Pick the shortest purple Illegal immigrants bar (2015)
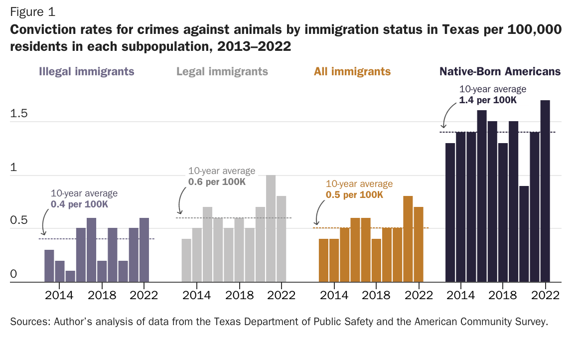(x=70, y=276)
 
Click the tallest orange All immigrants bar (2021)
(x=408, y=239)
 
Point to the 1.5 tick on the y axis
(x=19, y=114)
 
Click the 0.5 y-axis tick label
(x=19, y=221)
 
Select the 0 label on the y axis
(x=13, y=274)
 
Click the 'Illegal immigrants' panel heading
(x=87, y=71)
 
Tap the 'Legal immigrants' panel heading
(x=222, y=71)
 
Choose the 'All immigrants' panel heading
(x=352, y=71)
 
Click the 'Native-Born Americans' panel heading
(x=500, y=71)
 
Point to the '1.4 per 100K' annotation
(x=488, y=100)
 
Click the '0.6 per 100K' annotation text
(x=217, y=181)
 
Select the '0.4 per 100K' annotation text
(x=79, y=204)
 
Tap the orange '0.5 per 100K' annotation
(x=354, y=194)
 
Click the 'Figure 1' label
(x=32, y=11)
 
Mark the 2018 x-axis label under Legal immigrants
(x=239, y=295)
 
